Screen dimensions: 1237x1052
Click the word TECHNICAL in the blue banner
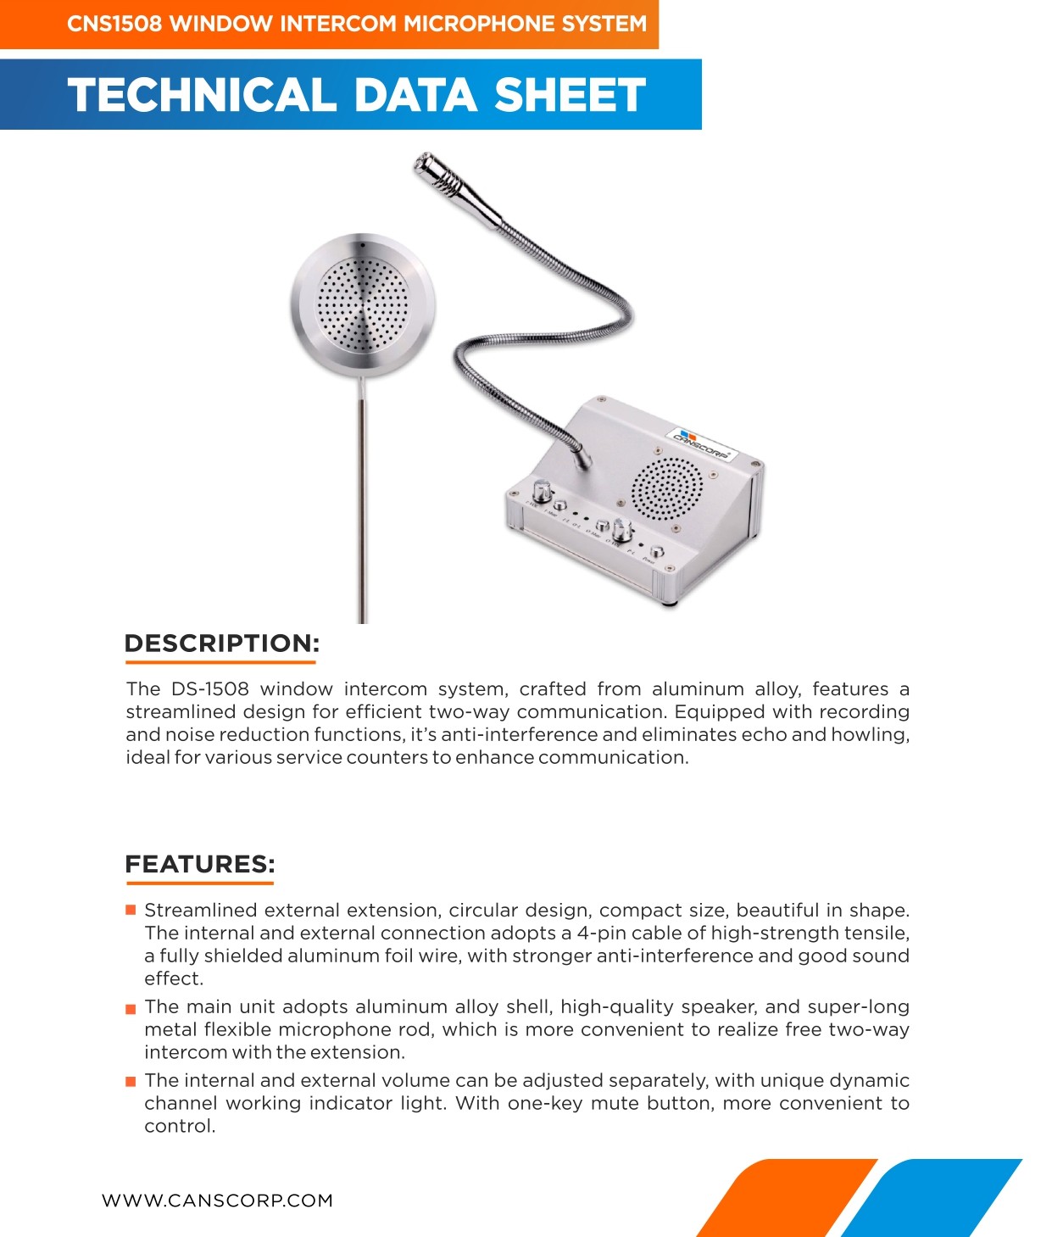[202, 95]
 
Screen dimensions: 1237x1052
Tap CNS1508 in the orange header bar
[114, 24]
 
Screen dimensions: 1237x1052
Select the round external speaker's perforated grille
[362, 303]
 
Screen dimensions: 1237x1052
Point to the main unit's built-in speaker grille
[667, 489]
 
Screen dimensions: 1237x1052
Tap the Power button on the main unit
[656, 552]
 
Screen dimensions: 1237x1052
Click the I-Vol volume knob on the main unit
[542, 491]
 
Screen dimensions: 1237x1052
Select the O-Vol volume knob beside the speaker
[621, 532]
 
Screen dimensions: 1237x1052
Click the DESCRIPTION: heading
[222, 644]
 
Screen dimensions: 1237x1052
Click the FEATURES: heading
[200, 865]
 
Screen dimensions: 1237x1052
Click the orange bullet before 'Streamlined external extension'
[131, 911]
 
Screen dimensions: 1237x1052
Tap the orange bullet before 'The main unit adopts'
[131, 1008]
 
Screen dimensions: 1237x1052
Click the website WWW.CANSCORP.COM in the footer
[217, 1201]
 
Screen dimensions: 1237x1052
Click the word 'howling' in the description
[869, 735]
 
